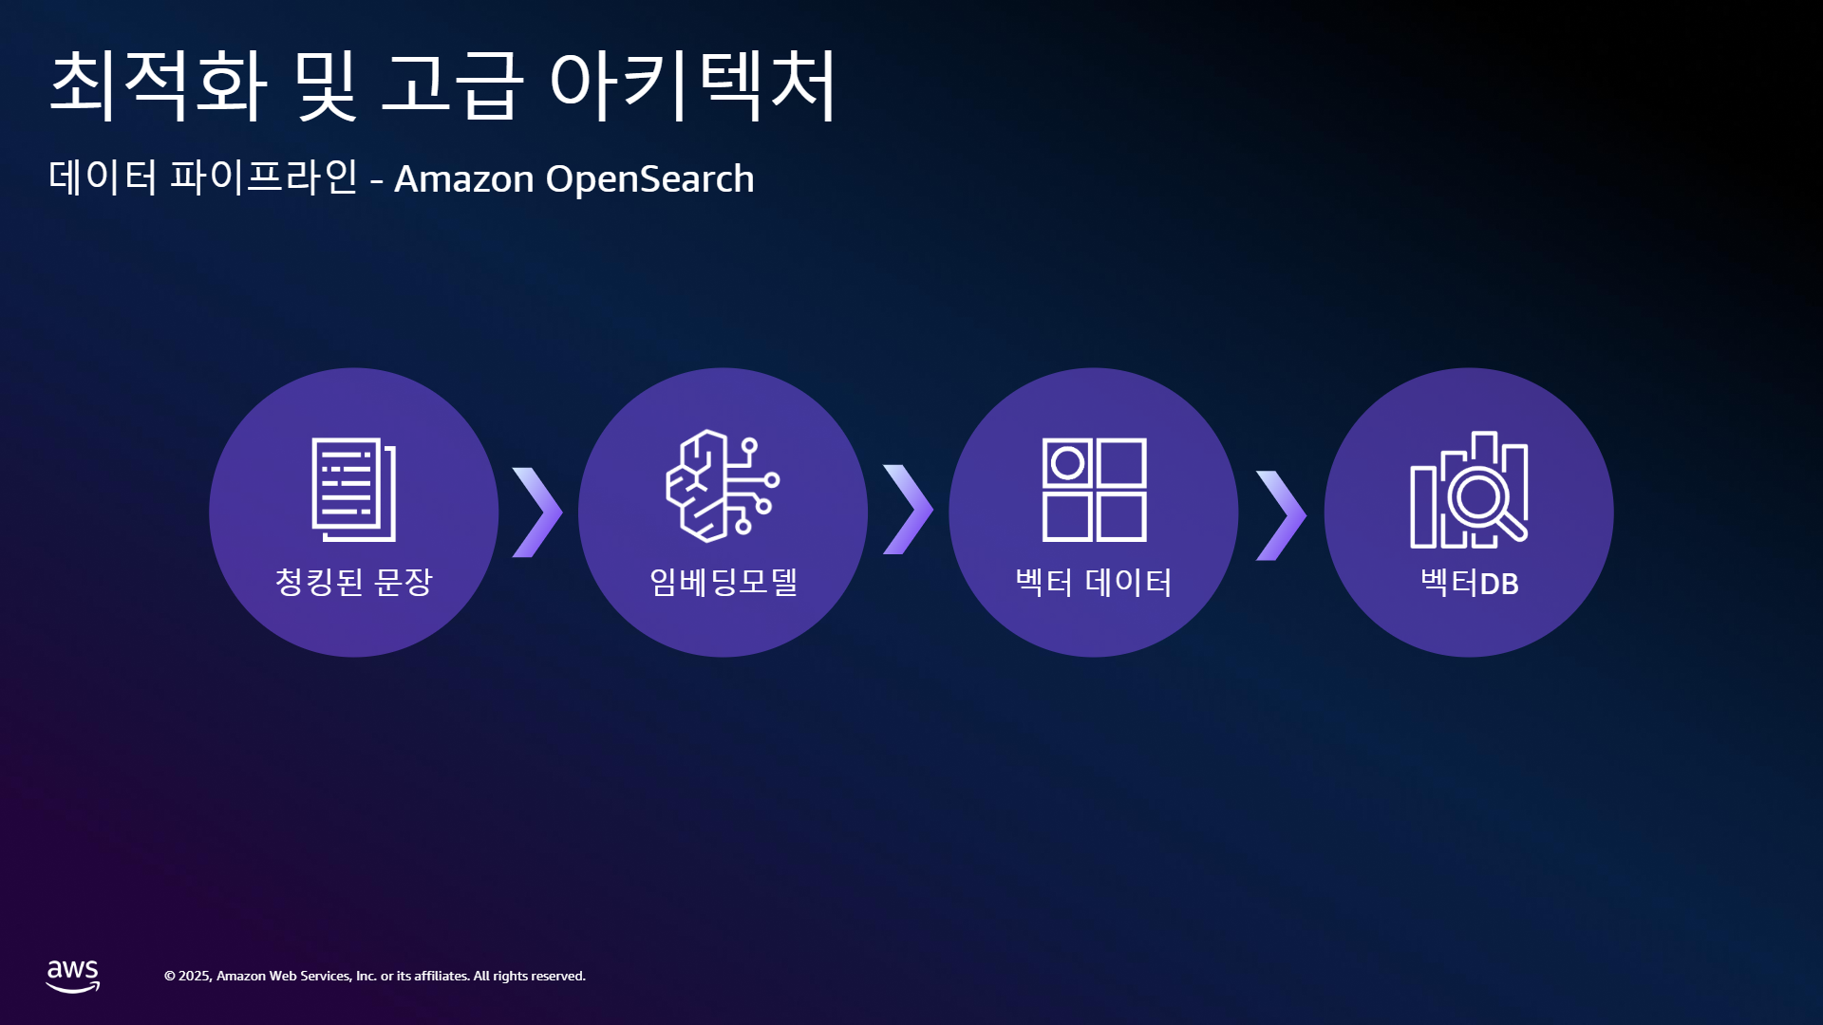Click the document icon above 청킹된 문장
pos(354,490)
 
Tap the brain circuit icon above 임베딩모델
pos(723,486)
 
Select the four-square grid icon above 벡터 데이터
pos(1094,490)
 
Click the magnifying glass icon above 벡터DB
pos(1469,490)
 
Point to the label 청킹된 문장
pos(353,582)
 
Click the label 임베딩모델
pos(724,582)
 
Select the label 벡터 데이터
pos(1094,583)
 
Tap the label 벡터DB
pos(1469,583)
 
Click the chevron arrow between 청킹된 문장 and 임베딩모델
pos(537,512)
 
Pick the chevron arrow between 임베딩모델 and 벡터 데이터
pos(909,510)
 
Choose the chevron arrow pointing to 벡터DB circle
pos(1282,515)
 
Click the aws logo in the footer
pos(73,976)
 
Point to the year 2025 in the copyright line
pos(195,976)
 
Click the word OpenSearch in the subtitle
pos(650,178)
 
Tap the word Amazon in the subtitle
pos(464,178)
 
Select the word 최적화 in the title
pos(159,84)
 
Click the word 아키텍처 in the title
pos(693,84)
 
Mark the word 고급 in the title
pos(452,84)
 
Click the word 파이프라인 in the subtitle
pos(264,177)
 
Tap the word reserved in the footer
pos(558,976)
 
